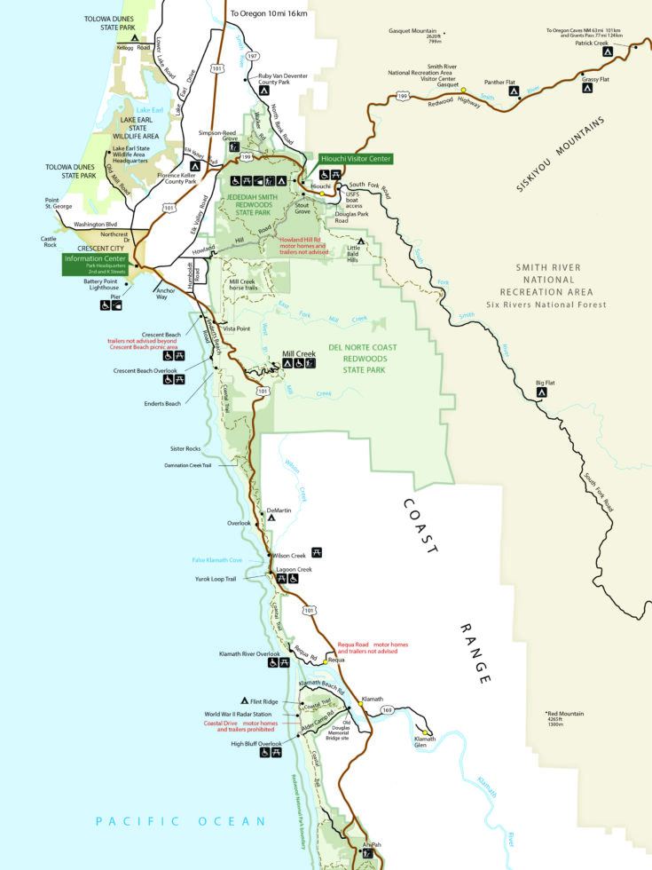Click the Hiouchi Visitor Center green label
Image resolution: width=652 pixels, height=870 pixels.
tap(356, 158)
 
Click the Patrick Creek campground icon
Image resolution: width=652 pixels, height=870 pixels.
tap(609, 52)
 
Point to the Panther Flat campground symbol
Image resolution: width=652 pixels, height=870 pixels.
tap(513, 91)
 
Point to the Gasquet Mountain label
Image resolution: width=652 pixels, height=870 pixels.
tap(416, 35)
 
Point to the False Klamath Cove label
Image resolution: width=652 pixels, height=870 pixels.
tap(217, 560)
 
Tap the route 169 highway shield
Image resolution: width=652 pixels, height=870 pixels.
tap(387, 709)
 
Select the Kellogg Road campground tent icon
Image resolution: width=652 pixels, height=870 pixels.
tap(134, 39)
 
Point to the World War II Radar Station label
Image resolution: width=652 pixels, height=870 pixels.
tap(238, 714)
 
